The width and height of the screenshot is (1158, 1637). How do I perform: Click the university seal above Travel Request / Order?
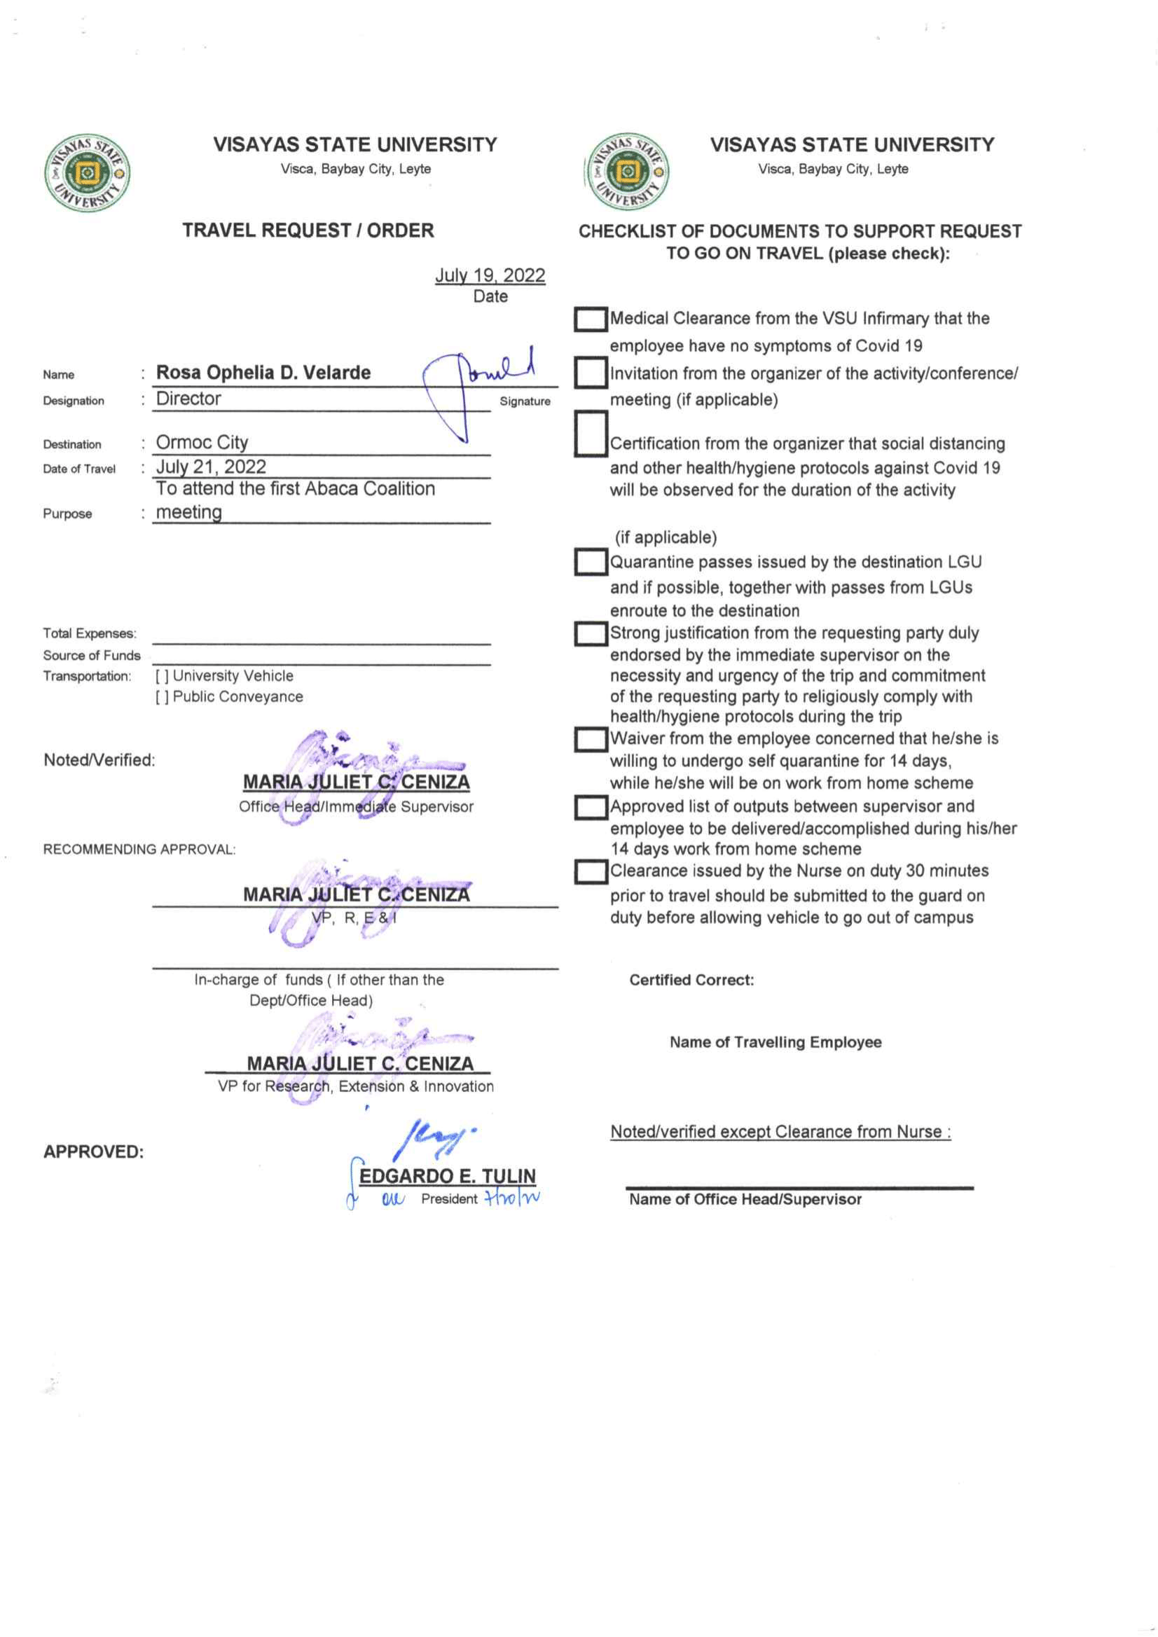pyautogui.click(x=87, y=172)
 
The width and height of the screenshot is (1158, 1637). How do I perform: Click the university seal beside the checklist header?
pyautogui.click(x=628, y=172)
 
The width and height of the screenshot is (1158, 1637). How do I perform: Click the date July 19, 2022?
pyautogui.click(x=490, y=275)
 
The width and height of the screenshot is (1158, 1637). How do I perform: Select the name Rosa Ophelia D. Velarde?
pyautogui.click(x=263, y=372)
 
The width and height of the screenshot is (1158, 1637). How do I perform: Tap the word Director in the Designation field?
pyautogui.click(x=188, y=399)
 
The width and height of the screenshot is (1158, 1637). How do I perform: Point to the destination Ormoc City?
pyautogui.click(x=202, y=442)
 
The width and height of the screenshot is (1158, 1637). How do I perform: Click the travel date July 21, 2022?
pyautogui.click(x=210, y=467)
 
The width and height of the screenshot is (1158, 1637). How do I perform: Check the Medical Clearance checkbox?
pyautogui.click(x=591, y=319)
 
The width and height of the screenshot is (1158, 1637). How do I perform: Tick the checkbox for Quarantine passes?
pyautogui.click(x=591, y=562)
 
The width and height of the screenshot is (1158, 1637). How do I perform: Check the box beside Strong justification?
pyautogui.click(x=591, y=633)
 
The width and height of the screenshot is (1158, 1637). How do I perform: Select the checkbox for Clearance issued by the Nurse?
pyautogui.click(x=591, y=871)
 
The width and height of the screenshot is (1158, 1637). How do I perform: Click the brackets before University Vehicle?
pyautogui.click(x=162, y=676)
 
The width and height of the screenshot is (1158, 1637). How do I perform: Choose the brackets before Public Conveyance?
pyautogui.click(x=162, y=696)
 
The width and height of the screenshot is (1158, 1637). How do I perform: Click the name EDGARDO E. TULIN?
pyautogui.click(x=447, y=1175)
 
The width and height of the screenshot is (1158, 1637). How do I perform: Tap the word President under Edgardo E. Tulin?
pyautogui.click(x=448, y=1199)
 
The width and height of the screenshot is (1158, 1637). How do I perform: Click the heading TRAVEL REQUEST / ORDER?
pyautogui.click(x=308, y=230)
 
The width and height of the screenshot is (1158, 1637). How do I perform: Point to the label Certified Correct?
pyautogui.click(x=691, y=980)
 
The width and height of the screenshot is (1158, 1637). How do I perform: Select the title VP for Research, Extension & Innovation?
pyautogui.click(x=356, y=1086)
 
